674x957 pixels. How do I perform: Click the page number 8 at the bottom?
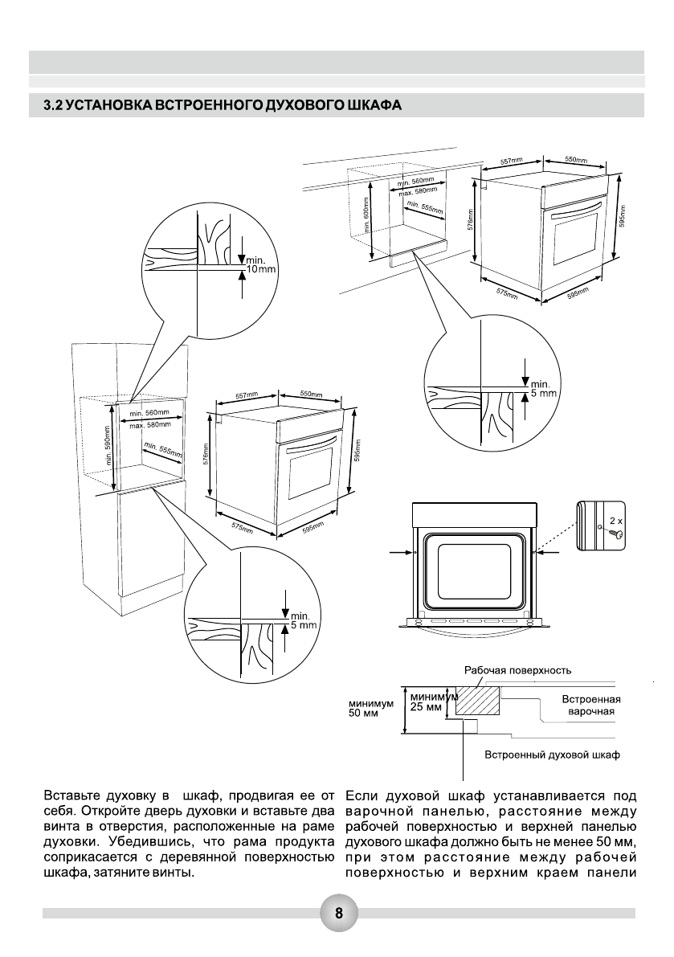pyautogui.click(x=338, y=913)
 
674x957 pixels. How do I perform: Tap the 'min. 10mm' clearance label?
pyautogui.click(x=259, y=264)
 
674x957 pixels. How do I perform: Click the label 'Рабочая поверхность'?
pyautogui.click(x=517, y=669)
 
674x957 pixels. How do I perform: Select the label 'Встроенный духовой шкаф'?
pyautogui.click(x=552, y=755)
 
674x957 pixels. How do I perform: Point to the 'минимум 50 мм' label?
pyautogui.click(x=370, y=708)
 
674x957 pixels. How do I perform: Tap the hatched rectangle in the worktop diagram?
pyautogui.click(x=477, y=699)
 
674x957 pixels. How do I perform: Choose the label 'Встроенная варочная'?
pyautogui.click(x=590, y=705)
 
